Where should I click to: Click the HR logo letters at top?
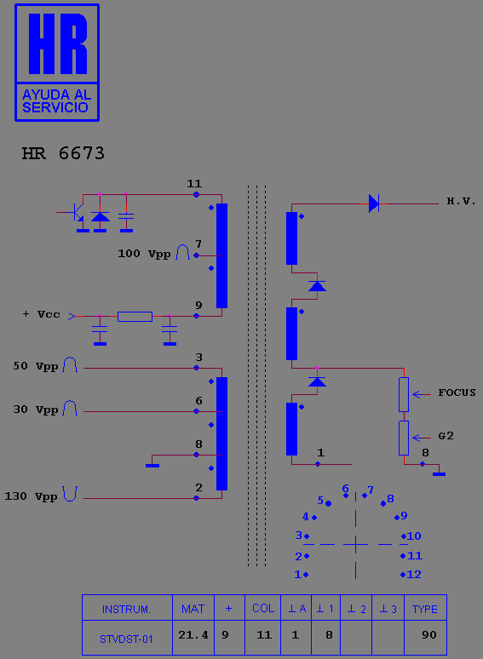pyautogui.click(x=58, y=43)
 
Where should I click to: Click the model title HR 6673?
pyautogui.click(x=63, y=153)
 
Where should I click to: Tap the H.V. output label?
pyautogui.click(x=461, y=201)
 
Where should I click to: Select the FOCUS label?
pyautogui.click(x=457, y=393)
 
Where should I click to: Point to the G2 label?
pyautogui.click(x=446, y=436)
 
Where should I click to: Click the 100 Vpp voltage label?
pyautogui.click(x=144, y=254)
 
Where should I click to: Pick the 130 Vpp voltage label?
pyautogui.click(x=31, y=496)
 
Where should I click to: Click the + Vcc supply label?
pyautogui.click(x=41, y=314)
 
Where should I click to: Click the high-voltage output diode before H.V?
pyautogui.click(x=374, y=203)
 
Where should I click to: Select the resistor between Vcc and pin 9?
pyautogui.click(x=135, y=317)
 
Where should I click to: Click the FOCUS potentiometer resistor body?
pyautogui.click(x=404, y=395)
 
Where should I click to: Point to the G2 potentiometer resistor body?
pyautogui.click(x=404, y=438)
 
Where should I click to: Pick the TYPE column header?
pyautogui.click(x=425, y=608)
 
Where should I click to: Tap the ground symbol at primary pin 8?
pyautogui.click(x=152, y=465)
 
